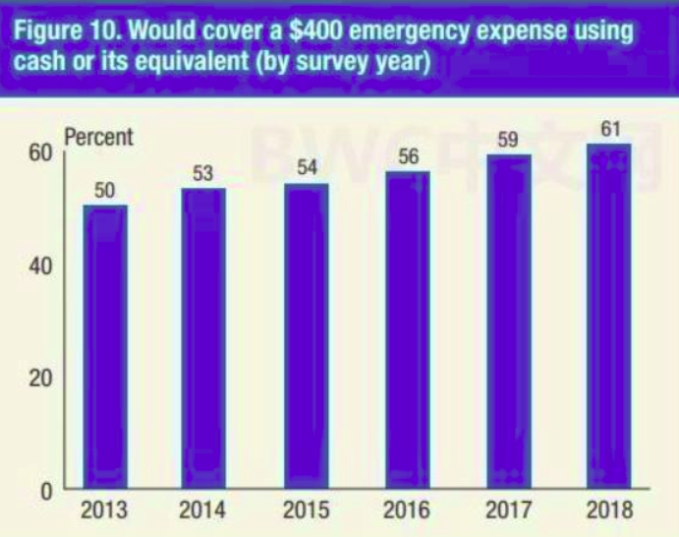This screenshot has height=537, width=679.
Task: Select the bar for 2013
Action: (105, 347)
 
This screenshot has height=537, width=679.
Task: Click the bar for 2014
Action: (203, 338)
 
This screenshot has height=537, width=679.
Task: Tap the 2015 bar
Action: (307, 336)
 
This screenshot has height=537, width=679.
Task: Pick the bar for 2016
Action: (408, 329)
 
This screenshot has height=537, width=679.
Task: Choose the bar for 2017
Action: (509, 322)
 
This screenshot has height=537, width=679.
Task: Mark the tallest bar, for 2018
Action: (609, 316)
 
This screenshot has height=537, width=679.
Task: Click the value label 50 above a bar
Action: (105, 191)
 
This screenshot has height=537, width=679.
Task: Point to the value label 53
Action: (203, 174)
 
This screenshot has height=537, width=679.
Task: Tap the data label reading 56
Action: (409, 156)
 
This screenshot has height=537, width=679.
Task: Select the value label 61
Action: (610, 129)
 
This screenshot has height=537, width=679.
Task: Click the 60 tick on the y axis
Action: (40, 152)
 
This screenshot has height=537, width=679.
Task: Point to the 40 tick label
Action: (40, 266)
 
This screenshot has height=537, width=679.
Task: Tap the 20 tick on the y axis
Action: (40, 379)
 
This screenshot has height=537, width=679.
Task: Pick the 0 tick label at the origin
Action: (47, 492)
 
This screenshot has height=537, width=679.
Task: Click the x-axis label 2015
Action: (307, 510)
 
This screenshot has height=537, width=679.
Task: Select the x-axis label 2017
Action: (508, 510)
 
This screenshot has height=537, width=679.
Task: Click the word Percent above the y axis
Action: (98, 138)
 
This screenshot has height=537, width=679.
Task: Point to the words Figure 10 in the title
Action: (67, 30)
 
